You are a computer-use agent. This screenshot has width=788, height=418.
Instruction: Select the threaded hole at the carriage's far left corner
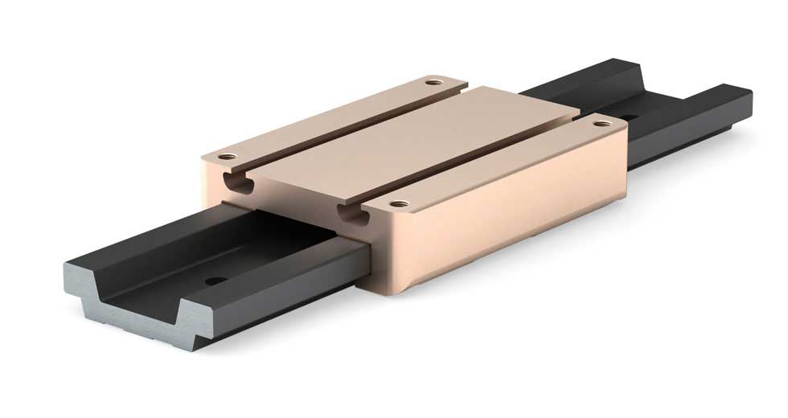[x=434, y=81]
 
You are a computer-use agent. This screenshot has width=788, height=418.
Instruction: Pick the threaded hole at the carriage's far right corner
[x=600, y=123]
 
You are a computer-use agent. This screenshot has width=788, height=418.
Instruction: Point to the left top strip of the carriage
[x=338, y=117]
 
